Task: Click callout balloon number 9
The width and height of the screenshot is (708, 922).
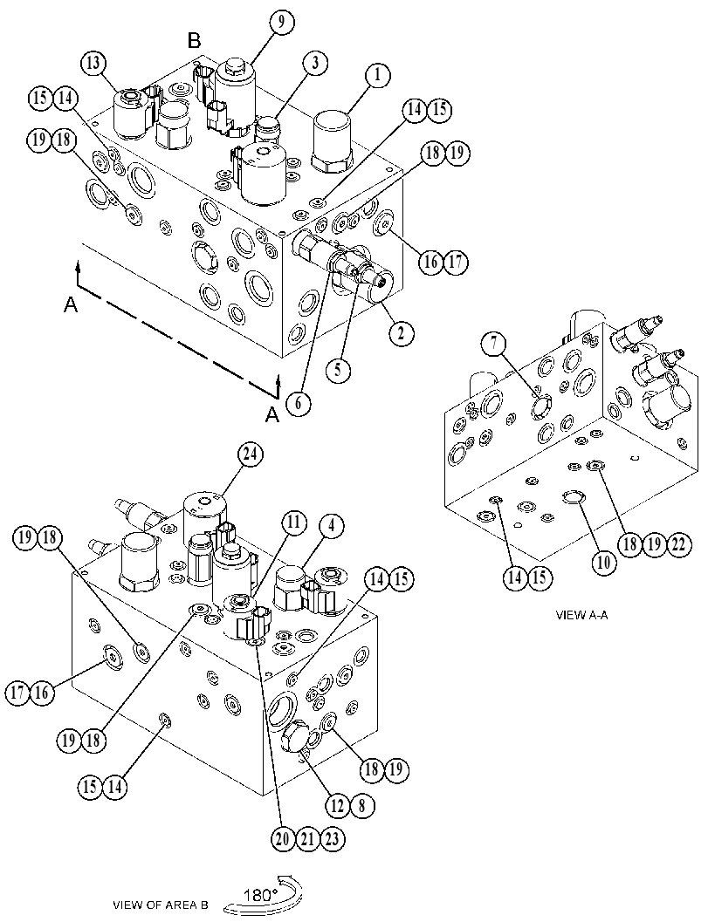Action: [281, 24]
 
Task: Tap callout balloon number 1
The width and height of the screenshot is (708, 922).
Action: [378, 75]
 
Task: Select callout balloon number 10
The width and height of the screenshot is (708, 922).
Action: [604, 563]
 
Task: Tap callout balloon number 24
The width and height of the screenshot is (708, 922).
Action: [251, 454]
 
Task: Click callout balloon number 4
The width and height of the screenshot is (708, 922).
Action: [332, 527]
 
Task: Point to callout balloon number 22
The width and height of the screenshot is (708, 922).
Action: [678, 544]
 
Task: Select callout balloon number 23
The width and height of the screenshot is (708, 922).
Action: [332, 839]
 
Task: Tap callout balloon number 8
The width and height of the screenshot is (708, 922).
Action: [362, 805]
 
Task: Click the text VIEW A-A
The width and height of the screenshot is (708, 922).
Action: [581, 615]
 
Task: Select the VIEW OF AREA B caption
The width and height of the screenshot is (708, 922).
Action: [160, 905]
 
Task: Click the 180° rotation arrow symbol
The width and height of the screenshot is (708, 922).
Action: [264, 894]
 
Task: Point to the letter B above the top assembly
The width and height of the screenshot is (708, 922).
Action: [194, 41]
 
